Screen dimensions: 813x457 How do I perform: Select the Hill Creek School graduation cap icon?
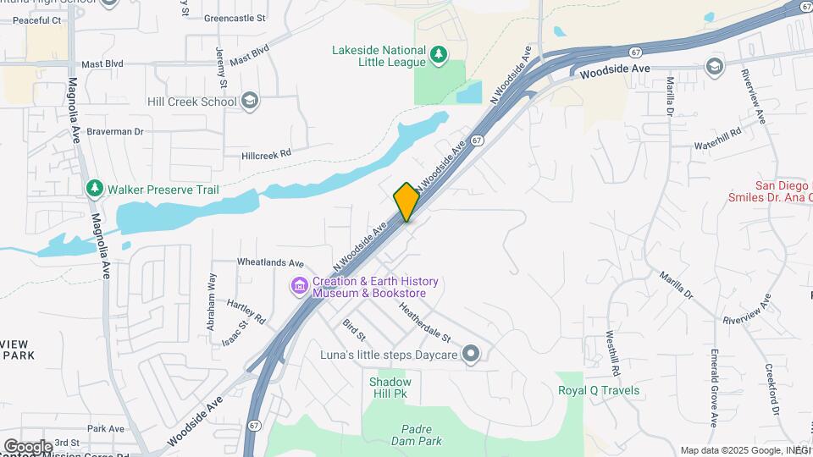tap(249, 102)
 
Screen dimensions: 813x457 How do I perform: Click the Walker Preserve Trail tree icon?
tap(94, 189)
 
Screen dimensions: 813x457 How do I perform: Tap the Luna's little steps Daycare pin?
tap(471, 355)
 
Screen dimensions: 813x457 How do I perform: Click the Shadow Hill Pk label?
tap(390, 388)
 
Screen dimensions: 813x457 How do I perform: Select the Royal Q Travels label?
tap(599, 390)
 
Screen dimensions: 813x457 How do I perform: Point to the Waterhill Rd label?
tap(717, 138)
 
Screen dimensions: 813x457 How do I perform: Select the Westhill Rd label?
tap(614, 353)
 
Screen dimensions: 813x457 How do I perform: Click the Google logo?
tap(27, 446)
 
